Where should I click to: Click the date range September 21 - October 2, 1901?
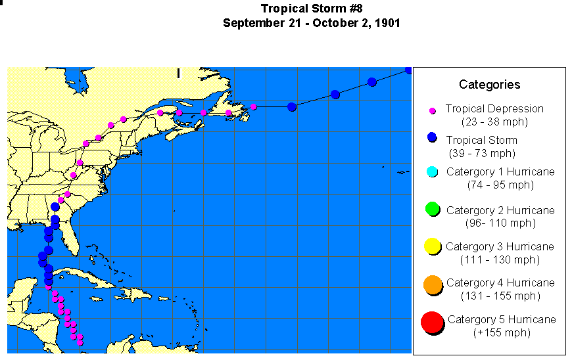pos(311,22)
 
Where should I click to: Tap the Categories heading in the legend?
pos(489,84)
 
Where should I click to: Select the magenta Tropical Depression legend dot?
pos(433,110)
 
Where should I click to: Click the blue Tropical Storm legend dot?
pos(432,137)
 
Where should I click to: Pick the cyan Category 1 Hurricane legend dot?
pos(432,172)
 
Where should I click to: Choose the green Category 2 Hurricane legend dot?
pos(432,210)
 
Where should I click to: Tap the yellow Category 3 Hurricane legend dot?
pos(432,246)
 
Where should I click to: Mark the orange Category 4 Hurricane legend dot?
pos(432,284)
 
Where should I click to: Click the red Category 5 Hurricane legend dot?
pos(431,323)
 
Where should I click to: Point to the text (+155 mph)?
pos(502,332)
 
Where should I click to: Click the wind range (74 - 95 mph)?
pos(500,185)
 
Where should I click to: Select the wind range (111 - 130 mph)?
pos(500,259)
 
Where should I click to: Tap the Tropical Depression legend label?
pos(494,108)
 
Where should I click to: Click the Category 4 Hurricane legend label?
pos(500,282)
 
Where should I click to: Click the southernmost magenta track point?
pos(80,342)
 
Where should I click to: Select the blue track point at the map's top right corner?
pos(408,70)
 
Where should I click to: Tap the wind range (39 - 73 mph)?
pos(482,153)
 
